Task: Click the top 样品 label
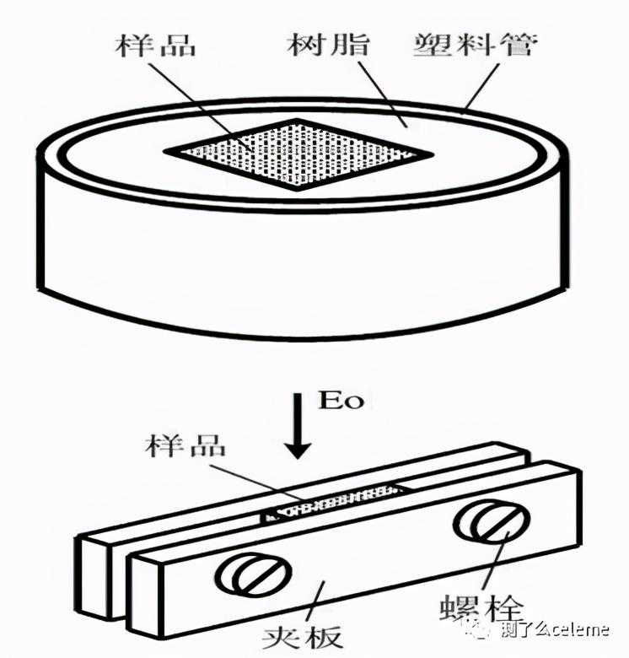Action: pos(156,46)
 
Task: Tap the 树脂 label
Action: pos(328,45)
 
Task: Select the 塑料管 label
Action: pos(475,45)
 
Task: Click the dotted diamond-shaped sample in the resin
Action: pos(298,154)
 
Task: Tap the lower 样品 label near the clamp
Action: pos(185,445)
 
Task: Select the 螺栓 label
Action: pos(481,607)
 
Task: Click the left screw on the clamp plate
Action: pos(253,574)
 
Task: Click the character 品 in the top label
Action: pos(178,46)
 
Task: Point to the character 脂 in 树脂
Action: pos(350,45)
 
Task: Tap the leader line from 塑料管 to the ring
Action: pos(481,88)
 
